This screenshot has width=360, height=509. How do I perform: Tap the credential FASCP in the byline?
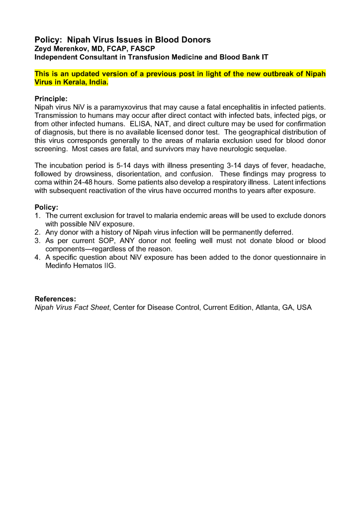coord(142,49)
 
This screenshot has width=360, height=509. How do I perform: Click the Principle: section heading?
coord(51,98)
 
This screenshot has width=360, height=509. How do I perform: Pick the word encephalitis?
coord(247,107)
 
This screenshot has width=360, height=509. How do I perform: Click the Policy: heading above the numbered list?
coord(46,207)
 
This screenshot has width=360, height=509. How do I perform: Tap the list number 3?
coord(37,241)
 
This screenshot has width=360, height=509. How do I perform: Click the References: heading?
coord(55,299)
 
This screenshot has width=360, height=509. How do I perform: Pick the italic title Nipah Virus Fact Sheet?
coord(72,308)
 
